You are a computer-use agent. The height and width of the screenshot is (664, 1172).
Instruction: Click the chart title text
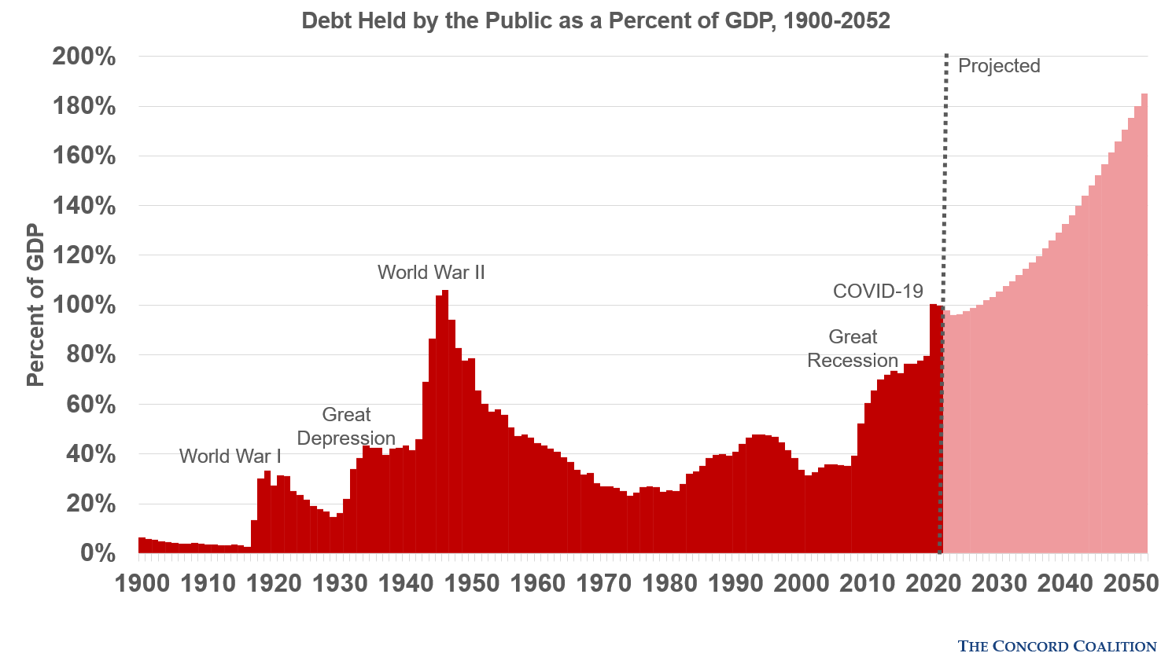[x=595, y=20]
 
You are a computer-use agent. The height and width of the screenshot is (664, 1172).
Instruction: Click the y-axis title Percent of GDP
[x=35, y=305]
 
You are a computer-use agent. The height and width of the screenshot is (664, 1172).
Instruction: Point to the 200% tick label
[x=84, y=57]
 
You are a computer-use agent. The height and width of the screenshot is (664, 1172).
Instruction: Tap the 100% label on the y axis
[x=84, y=305]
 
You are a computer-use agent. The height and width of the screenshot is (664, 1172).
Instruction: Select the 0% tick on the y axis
[x=98, y=553]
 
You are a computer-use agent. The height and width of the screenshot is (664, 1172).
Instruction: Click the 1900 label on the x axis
[x=142, y=583]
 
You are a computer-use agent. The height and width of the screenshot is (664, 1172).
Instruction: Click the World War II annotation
[x=431, y=273]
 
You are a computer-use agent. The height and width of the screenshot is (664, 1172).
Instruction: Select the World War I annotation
[x=230, y=457]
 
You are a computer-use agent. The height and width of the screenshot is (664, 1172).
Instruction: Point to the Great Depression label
[x=346, y=427]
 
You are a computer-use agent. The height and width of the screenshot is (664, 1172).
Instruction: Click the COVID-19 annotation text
[x=878, y=292]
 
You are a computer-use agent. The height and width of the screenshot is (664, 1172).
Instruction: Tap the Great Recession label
[x=853, y=349]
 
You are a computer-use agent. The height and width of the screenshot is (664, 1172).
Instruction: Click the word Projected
[x=999, y=66]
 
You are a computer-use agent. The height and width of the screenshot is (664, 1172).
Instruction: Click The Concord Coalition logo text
[x=1056, y=646]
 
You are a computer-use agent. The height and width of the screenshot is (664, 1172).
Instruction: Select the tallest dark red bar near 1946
[x=445, y=424]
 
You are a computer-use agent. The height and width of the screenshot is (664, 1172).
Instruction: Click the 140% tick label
[x=84, y=206]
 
